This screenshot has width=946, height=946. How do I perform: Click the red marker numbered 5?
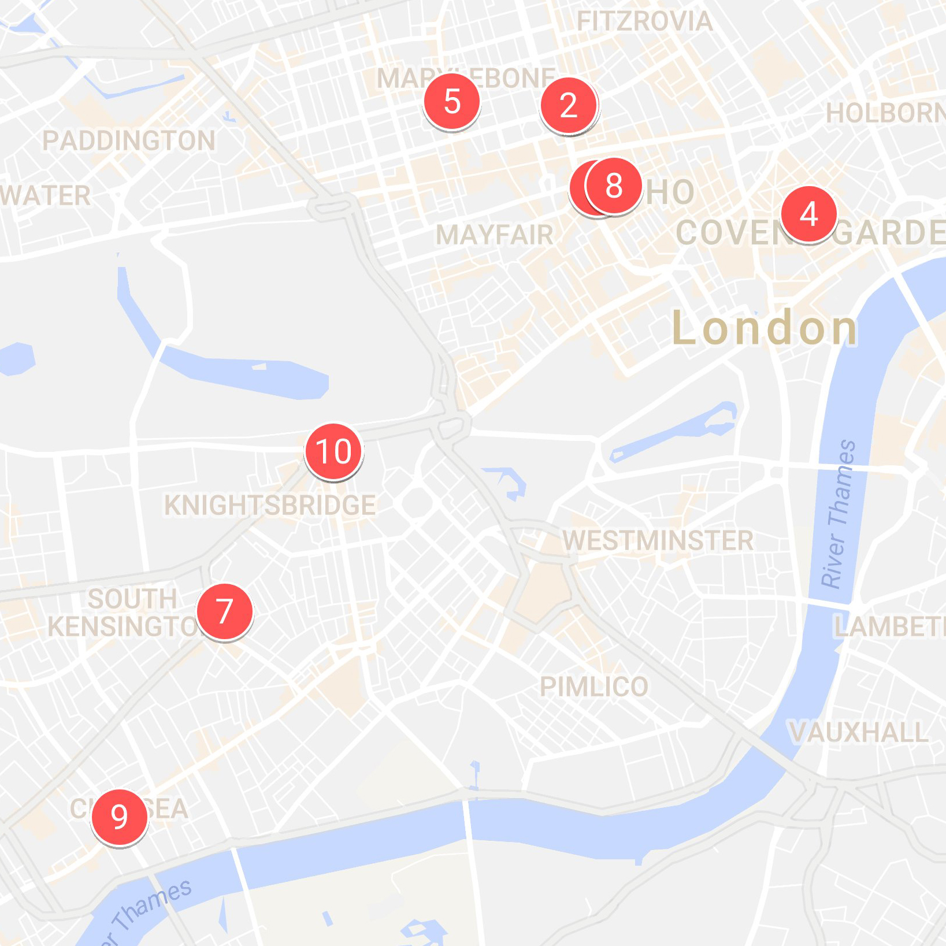click(x=452, y=102)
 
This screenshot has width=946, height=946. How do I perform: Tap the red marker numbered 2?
click(x=569, y=105)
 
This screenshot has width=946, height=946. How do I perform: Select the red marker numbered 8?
click(x=614, y=186)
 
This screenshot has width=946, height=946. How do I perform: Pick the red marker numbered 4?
click(x=808, y=214)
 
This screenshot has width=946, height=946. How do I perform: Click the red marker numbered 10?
click(x=334, y=451)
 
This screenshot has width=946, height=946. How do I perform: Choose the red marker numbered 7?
click(x=224, y=611)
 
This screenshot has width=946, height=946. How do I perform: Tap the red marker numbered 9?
click(x=119, y=817)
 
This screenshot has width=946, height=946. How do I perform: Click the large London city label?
click(x=764, y=328)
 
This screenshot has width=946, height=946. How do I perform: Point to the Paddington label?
click(x=128, y=141)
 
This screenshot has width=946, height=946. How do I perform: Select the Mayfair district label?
click(x=495, y=235)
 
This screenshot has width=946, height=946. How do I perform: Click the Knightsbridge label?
click(x=270, y=505)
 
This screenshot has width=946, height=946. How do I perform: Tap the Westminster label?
click(x=658, y=541)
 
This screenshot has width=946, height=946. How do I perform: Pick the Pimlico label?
click(x=593, y=687)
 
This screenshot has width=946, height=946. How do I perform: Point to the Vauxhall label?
click(x=859, y=732)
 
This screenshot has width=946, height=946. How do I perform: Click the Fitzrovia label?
click(x=644, y=22)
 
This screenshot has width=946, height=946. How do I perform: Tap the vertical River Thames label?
click(x=839, y=514)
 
